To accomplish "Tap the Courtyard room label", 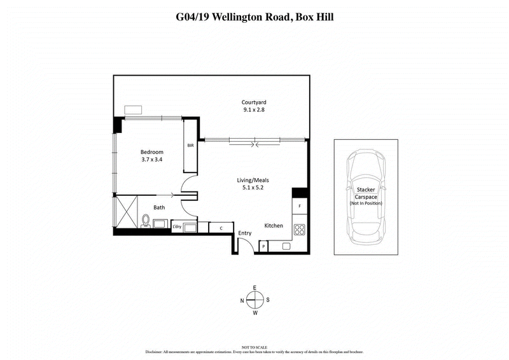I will point(253,102).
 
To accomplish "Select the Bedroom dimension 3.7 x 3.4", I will point(152,160).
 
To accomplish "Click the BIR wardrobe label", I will point(190,146).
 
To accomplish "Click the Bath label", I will point(159,207).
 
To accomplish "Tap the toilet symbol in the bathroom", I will point(146,221).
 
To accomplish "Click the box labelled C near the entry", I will point(220,227).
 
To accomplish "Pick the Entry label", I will point(245,233).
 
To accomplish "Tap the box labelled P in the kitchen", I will point(263,246).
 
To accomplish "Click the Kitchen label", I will point(274,226).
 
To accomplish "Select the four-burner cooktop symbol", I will point(300,230).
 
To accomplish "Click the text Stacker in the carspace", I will point(365,190).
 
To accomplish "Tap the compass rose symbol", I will point(254,300).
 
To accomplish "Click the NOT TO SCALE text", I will point(254,345).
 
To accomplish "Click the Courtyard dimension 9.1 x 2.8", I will point(253,110).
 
